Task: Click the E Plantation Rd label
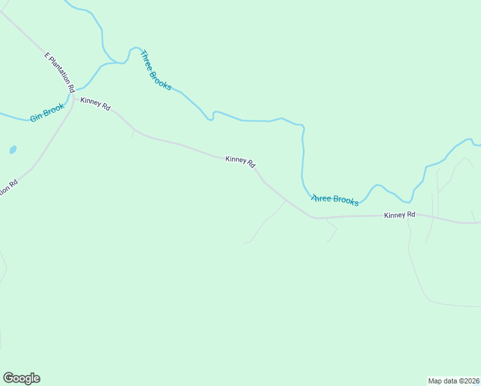60,72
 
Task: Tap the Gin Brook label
48,113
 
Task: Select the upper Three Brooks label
156,70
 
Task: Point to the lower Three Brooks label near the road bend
334,200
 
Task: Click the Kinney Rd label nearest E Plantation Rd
95,103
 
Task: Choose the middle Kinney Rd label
240,161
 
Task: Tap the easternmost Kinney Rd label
399,215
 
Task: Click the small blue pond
13,149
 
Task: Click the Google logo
21,378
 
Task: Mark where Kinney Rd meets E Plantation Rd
73,98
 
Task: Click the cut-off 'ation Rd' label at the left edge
8,188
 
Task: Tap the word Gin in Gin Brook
37,118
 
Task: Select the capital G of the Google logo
8,378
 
